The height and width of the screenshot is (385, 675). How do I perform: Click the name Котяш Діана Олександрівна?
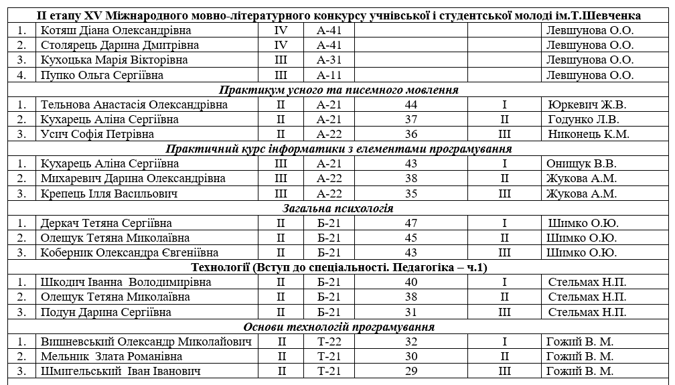tap(115, 30)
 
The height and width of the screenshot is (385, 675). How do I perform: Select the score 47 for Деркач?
tap(411, 223)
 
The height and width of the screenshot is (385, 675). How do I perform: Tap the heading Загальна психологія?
tap(337, 208)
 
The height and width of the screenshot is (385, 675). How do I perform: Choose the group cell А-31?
tap(329, 60)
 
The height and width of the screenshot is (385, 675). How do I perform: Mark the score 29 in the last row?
tap(411, 371)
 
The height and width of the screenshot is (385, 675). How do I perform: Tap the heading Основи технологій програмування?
tap(339, 327)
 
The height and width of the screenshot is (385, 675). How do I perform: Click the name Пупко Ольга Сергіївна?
tap(102, 75)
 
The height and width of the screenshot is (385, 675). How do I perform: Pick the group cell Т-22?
tap(329, 341)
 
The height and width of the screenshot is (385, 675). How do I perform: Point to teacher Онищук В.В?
tap(581, 163)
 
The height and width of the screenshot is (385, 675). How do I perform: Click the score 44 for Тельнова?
tap(411, 104)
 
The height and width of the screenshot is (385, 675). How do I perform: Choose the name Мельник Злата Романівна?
tap(111, 356)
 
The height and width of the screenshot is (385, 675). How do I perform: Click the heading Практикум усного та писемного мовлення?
tap(338, 90)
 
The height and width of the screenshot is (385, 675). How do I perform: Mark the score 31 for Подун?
tap(411, 312)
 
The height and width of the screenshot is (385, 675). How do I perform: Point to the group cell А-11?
tap(329, 75)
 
